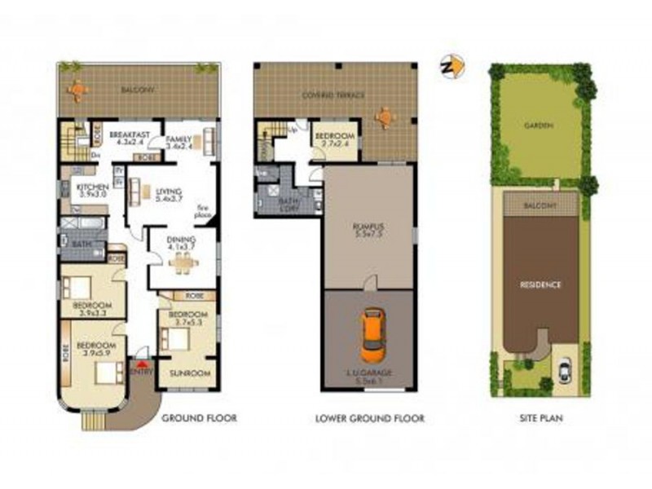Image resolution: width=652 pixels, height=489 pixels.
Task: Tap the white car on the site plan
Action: pos(565,371)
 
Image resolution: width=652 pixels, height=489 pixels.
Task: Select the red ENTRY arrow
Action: pos(143,367)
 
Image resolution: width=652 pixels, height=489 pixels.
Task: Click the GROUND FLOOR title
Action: pos(199,419)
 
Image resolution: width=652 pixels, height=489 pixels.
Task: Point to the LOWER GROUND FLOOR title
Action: pos(369,419)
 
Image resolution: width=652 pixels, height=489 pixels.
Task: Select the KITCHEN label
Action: pos(91,187)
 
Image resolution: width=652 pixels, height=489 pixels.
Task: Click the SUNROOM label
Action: pos(189,373)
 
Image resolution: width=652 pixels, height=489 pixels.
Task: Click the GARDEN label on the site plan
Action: pos(538,126)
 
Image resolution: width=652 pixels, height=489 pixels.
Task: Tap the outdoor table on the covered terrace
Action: pos(383,116)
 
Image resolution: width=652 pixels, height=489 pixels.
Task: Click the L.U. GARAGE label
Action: pos(369,372)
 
